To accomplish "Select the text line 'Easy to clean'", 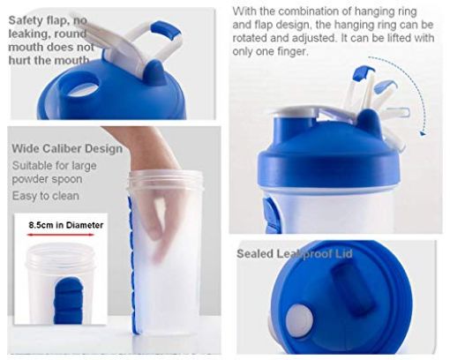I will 45,195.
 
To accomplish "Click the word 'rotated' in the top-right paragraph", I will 255,39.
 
